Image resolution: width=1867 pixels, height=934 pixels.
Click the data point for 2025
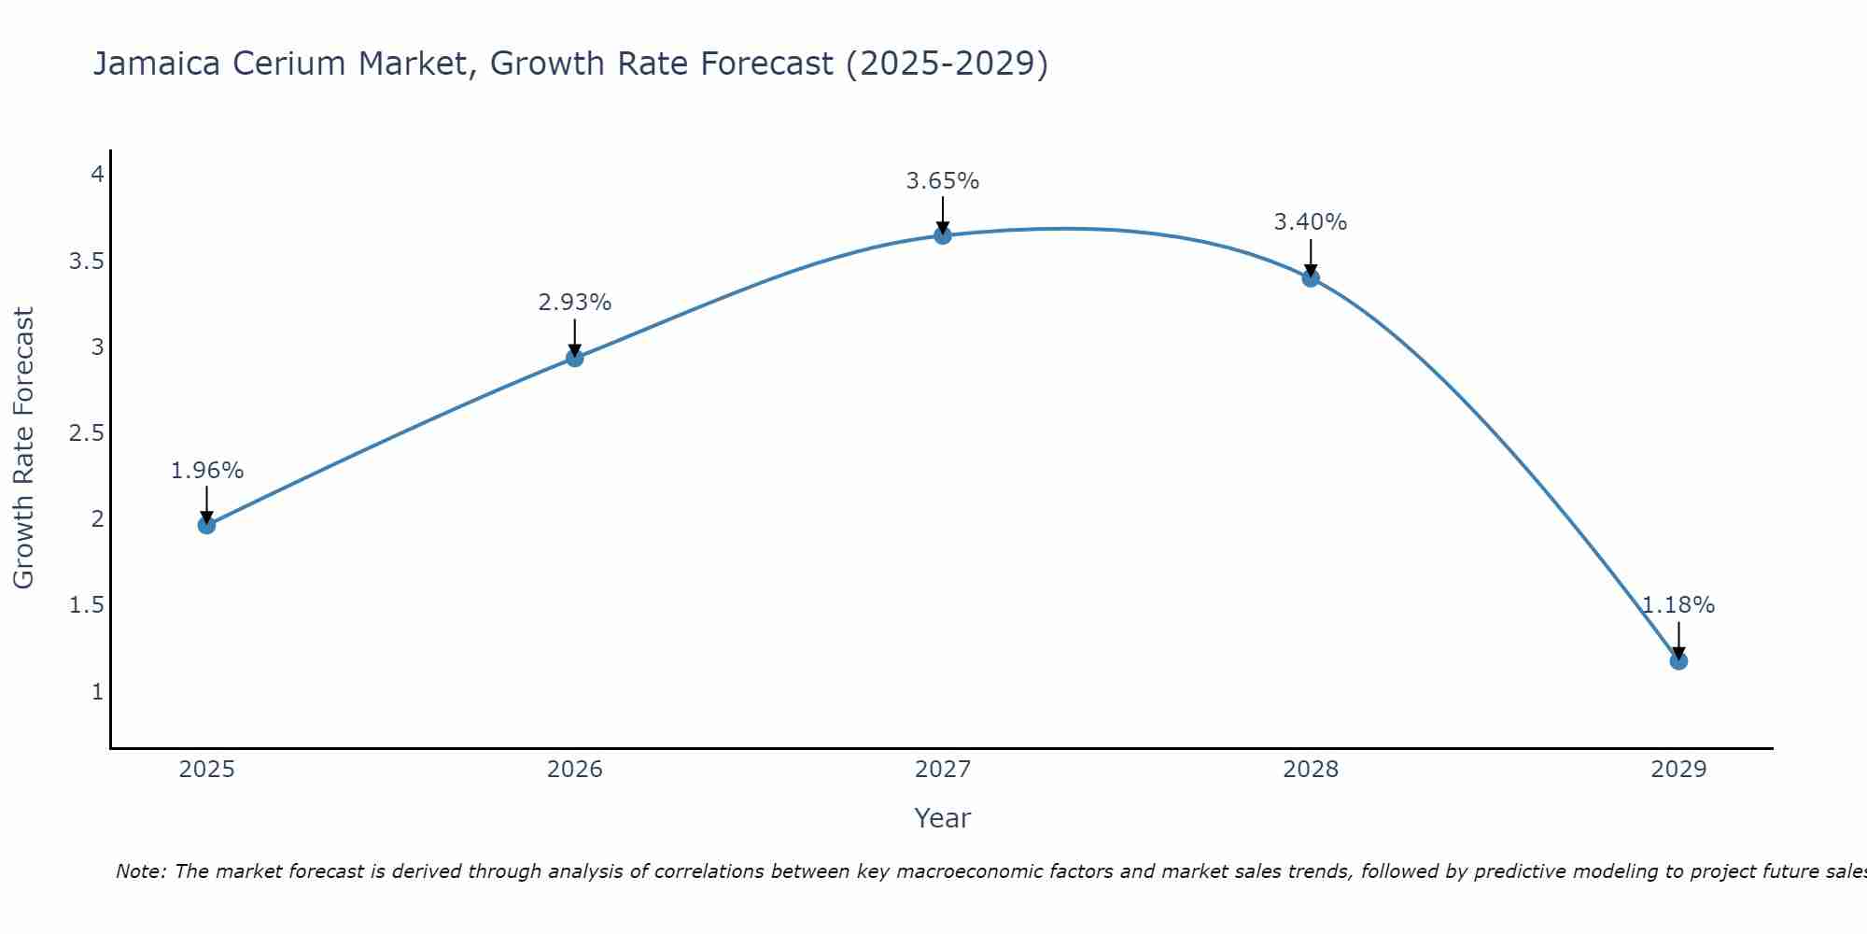click(x=206, y=525)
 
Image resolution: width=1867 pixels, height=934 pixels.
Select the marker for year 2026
click(x=575, y=358)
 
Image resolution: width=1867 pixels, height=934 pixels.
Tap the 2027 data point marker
click(x=943, y=235)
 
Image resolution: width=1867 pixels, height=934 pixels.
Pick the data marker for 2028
click(x=1311, y=277)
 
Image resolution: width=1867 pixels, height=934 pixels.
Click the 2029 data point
click(x=1678, y=661)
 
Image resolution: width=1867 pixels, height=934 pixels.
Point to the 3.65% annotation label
click(x=943, y=181)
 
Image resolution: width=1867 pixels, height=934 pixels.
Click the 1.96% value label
click(x=206, y=471)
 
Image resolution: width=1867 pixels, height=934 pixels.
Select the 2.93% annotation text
click(x=575, y=303)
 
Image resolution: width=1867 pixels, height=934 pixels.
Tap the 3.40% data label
click(x=1311, y=222)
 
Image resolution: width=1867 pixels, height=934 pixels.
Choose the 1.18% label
click(x=1678, y=605)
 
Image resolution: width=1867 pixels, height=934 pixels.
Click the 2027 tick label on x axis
click(x=943, y=770)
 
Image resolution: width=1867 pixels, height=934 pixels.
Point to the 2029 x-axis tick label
click(x=1678, y=770)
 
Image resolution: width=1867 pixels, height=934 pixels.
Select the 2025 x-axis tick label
click(x=206, y=770)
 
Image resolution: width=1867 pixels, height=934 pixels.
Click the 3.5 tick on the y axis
click(x=86, y=261)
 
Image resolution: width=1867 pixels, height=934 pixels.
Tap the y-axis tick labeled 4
click(x=96, y=175)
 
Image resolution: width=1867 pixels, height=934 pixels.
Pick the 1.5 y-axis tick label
click(x=86, y=605)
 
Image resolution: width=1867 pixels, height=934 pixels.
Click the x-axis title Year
click(x=943, y=818)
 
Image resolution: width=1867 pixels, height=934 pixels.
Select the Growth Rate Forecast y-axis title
click(x=23, y=448)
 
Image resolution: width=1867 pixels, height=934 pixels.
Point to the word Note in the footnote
click(x=140, y=871)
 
